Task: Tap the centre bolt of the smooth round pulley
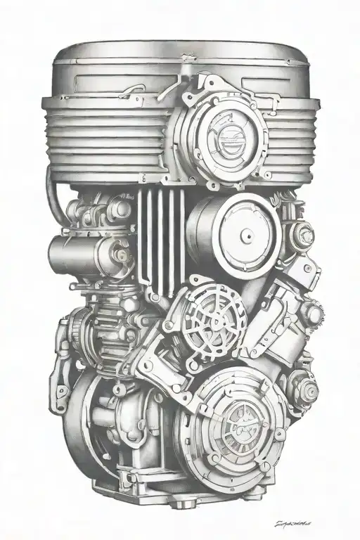233,231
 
